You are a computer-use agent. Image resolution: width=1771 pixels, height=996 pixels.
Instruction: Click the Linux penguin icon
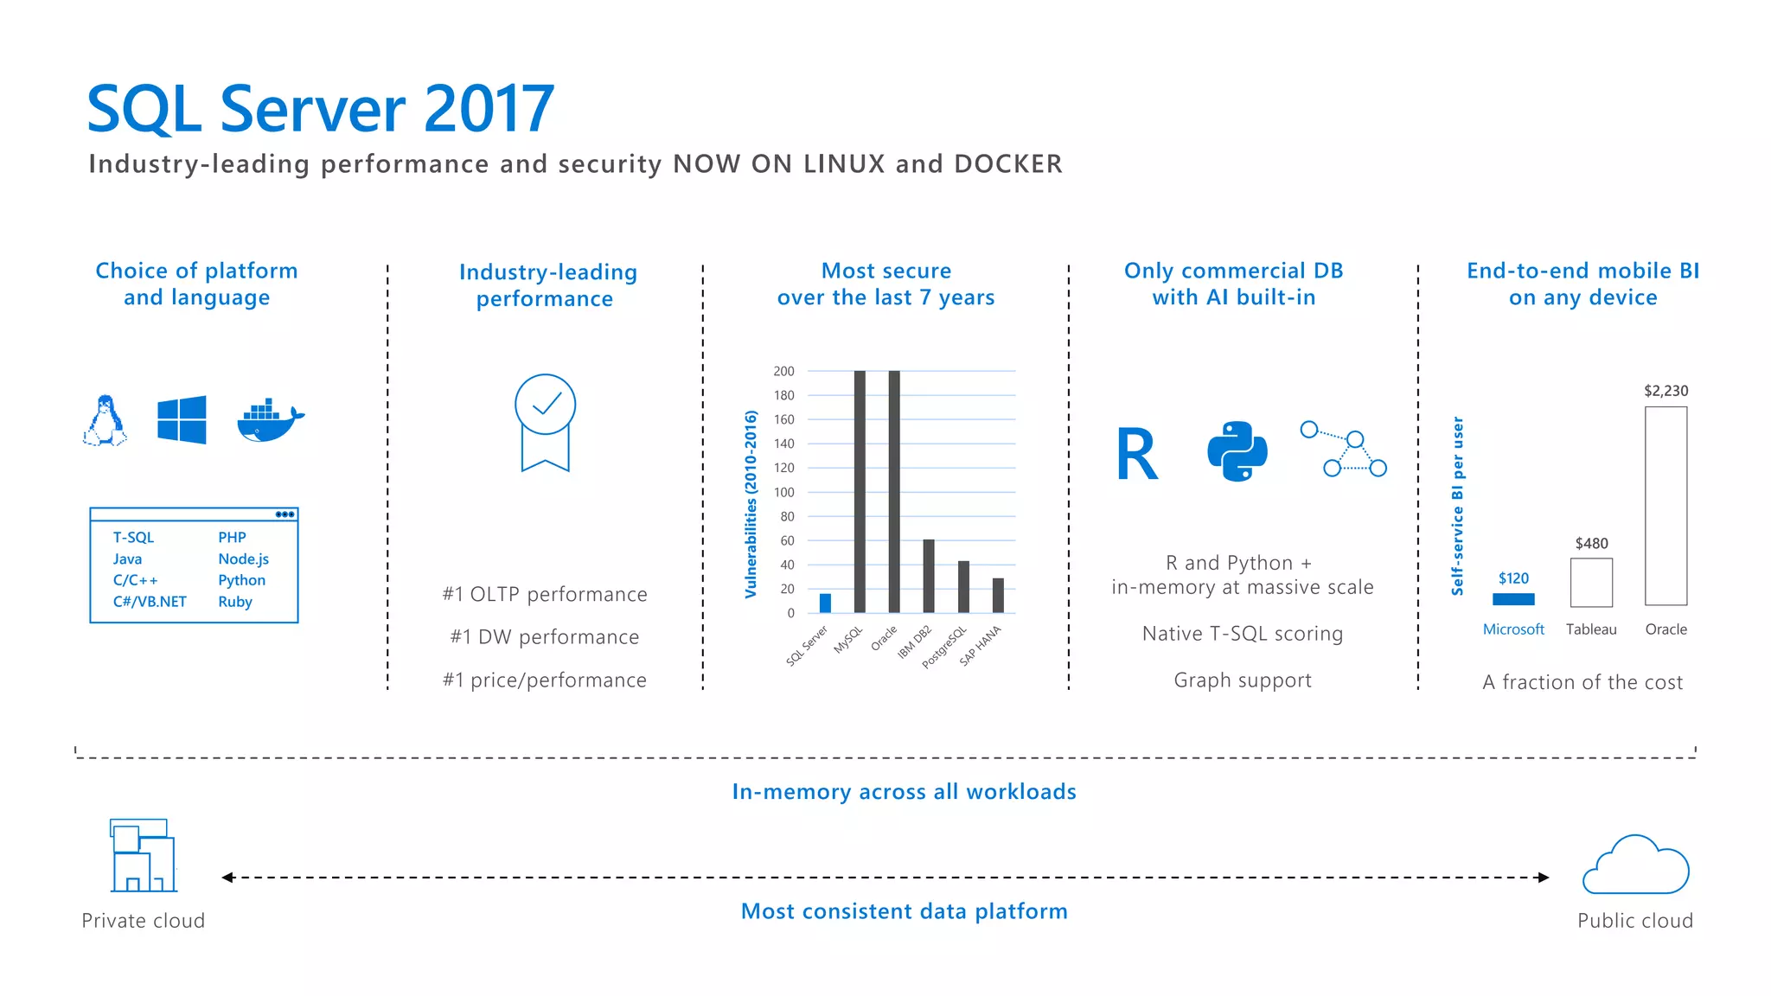point(105,420)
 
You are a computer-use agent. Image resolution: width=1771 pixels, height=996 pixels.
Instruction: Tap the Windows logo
point(182,419)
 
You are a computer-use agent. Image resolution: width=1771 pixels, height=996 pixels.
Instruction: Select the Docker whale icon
point(270,421)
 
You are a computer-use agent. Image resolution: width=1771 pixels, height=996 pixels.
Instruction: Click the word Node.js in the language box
point(243,559)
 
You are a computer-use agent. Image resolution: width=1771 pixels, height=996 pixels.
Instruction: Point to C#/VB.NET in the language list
point(150,602)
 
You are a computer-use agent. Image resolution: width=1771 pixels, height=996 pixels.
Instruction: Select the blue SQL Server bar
point(825,603)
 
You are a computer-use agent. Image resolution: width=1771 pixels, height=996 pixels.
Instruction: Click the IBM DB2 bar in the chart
point(929,576)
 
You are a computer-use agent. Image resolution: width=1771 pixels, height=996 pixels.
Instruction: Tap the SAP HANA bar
point(998,596)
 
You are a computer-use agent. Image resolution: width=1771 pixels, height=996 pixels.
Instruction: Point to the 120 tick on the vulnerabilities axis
point(784,468)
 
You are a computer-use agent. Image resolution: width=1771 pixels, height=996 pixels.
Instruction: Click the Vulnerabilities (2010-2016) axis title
point(751,504)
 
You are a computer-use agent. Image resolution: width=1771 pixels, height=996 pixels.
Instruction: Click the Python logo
point(1237,451)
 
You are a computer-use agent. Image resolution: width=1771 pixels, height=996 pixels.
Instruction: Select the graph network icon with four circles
point(1344,449)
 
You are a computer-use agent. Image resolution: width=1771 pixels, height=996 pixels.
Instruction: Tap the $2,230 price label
point(1666,391)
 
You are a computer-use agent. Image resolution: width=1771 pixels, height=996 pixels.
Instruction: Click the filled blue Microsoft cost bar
point(1513,599)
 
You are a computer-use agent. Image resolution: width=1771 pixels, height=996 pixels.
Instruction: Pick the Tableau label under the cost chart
point(1591,629)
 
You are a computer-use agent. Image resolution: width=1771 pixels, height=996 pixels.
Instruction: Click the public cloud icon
point(1635,865)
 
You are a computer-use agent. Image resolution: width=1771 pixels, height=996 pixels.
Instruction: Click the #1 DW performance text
point(545,637)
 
